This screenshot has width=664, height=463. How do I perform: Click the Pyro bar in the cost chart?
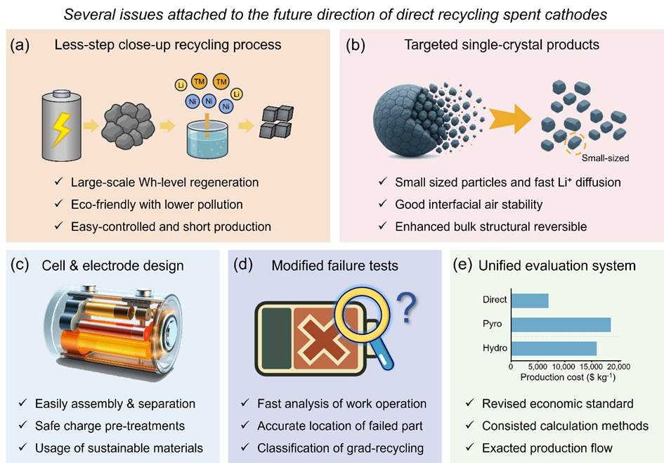click(561, 324)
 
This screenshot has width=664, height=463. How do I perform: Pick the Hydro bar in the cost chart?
click(554, 348)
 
